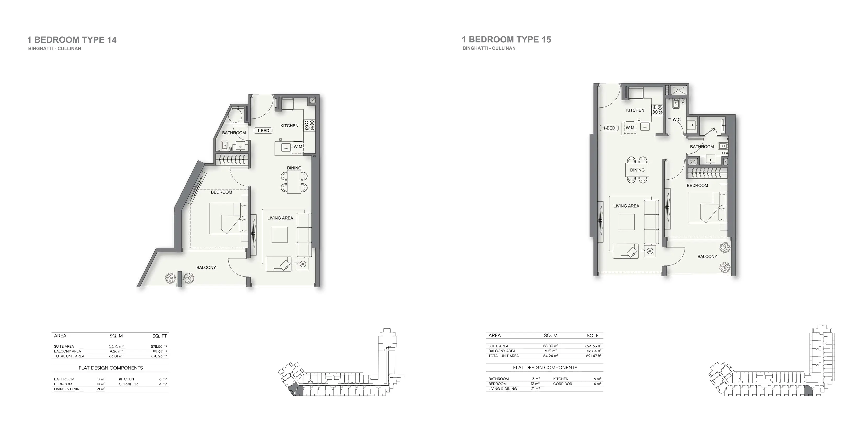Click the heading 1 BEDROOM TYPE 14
pos(72,40)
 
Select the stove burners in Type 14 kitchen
pos(309,125)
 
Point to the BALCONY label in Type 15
pos(707,257)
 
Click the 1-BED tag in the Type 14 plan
pos(263,130)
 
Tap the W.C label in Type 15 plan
pos(677,120)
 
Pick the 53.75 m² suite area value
pos(116,346)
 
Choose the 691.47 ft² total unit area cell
pos(593,356)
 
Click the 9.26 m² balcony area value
pos(116,351)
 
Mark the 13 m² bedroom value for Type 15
pos(535,384)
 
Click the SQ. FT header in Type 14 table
pos(159,336)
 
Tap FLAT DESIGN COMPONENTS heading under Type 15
pos(545,368)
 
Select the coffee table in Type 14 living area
pos(279,235)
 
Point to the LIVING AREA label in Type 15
pos(626,206)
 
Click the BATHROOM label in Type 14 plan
pos(234,133)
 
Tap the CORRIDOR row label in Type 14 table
pos(128,384)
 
